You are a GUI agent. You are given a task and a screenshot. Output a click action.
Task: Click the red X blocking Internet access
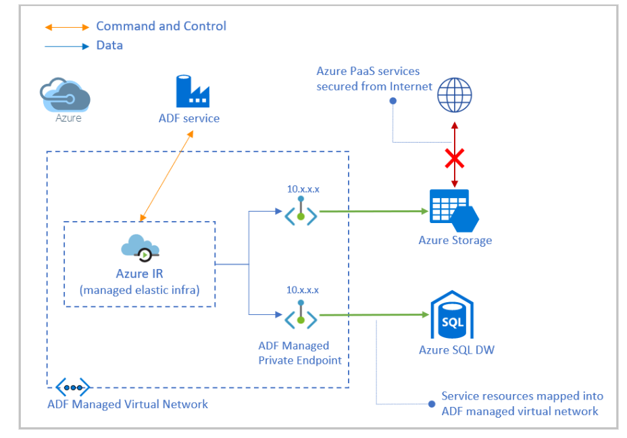click(x=455, y=159)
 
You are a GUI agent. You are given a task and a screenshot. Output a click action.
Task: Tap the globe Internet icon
click(x=454, y=95)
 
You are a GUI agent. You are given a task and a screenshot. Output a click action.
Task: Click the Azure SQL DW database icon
click(x=452, y=315)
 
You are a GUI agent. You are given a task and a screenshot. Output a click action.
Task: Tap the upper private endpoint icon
click(x=301, y=212)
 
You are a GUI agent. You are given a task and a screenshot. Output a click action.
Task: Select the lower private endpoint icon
click(x=301, y=315)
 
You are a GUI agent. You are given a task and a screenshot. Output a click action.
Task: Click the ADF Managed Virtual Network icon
click(x=72, y=387)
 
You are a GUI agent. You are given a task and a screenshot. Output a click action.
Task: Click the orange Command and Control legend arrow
click(x=66, y=27)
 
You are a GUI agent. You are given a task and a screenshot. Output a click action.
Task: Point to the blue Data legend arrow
click(x=66, y=46)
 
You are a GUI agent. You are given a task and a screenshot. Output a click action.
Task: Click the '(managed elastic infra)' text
click(x=139, y=290)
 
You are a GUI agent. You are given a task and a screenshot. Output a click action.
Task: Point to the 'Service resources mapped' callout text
click(x=522, y=404)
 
